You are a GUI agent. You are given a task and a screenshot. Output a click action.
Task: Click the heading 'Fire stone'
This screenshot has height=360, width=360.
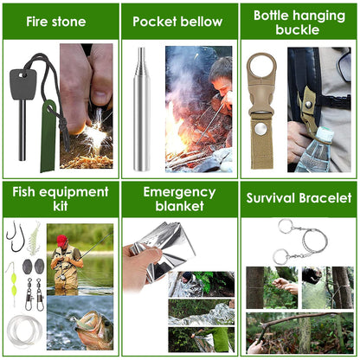59,22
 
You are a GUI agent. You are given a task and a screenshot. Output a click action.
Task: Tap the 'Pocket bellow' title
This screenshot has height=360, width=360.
177,22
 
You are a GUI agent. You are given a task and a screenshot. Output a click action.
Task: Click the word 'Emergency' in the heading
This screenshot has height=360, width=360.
178,191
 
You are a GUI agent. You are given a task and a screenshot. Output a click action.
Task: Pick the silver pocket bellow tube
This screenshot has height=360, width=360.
141,108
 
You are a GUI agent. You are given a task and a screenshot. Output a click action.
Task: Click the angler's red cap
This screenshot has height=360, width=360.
61,240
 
